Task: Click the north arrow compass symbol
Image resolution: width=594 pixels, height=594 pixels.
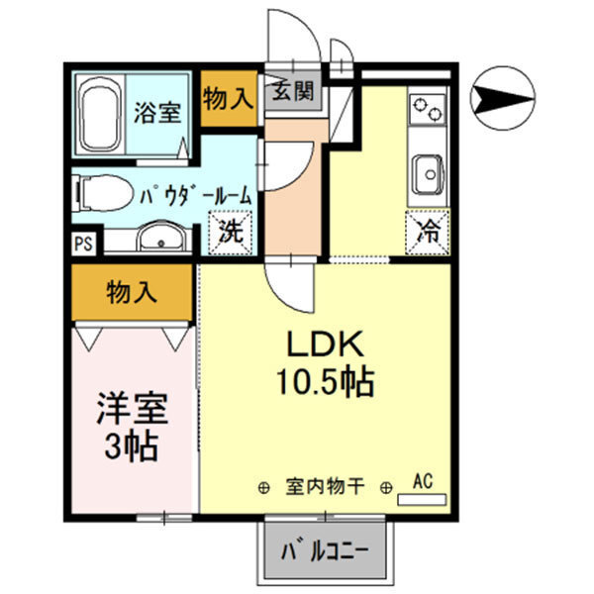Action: point(503,100)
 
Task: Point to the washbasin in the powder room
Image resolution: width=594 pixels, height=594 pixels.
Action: point(158,238)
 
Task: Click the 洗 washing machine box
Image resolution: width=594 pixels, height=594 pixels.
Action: point(231,236)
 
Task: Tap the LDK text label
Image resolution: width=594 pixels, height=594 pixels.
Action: point(328,346)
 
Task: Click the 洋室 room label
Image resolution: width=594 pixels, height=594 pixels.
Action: point(132,409)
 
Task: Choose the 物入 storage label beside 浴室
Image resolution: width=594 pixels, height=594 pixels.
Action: point(228,98)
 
